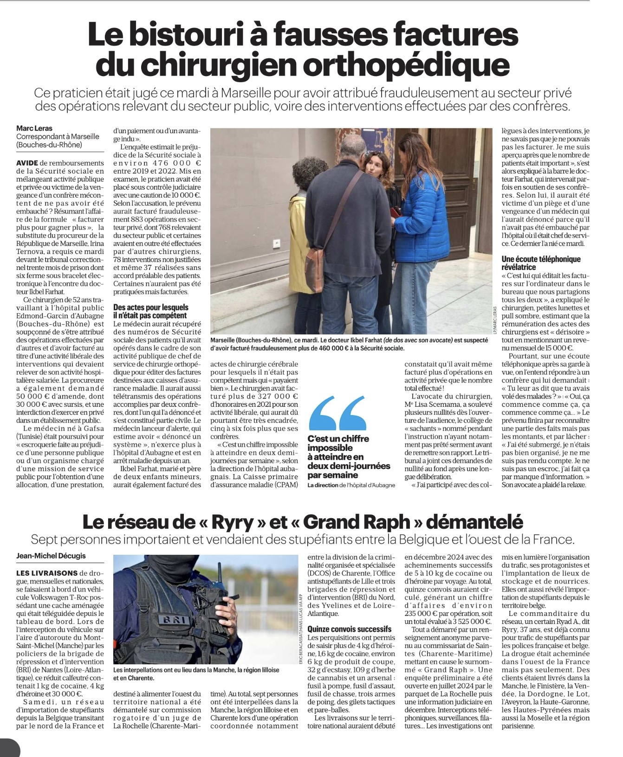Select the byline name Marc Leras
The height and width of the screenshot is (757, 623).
34,128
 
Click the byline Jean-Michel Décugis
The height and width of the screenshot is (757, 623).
51,555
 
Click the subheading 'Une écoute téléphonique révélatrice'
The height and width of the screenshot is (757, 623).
541,263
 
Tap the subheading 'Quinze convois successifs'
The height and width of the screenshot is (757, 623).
349,629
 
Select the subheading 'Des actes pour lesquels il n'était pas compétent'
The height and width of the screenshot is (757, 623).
151,311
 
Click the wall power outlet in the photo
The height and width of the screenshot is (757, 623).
277,242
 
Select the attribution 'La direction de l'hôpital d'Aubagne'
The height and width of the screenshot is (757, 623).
351,485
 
